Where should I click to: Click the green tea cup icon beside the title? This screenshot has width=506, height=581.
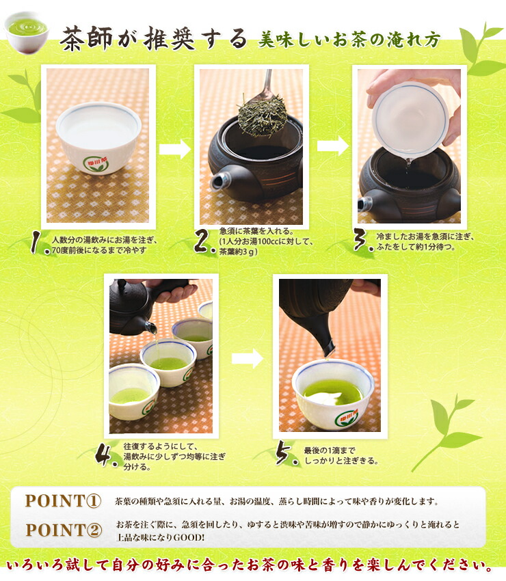click(26, 30)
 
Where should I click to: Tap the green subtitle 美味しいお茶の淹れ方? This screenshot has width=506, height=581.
click(349, 39)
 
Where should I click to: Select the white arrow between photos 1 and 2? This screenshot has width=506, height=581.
click(174, 150)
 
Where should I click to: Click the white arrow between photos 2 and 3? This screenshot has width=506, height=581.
click(332, 146)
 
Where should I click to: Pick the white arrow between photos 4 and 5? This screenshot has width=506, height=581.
click(247, 358)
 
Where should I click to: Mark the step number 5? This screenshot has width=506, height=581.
click(286, 456)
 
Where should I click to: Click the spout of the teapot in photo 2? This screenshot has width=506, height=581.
click(219, 180)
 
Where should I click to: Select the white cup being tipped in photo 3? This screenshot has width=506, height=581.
click(410, 116)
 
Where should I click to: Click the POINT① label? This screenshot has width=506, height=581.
click(63, 500)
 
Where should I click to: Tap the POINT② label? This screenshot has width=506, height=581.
click(63, 530)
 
